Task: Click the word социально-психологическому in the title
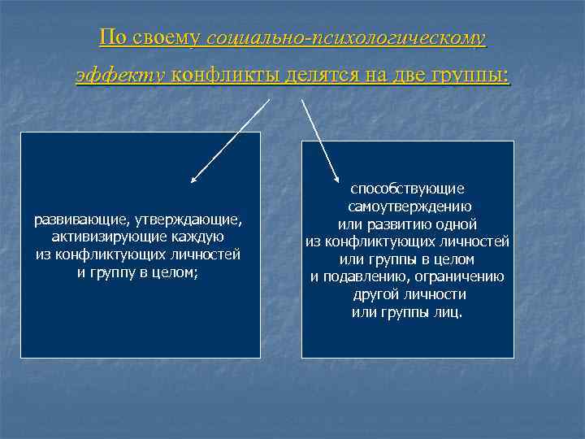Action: (x=346, y=38)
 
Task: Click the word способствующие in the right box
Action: (x=407, y=188)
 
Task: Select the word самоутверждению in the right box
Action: (x=407, y=206)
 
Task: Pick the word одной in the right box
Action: (x=456, y=224)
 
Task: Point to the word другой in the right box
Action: (x=376, y=294)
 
